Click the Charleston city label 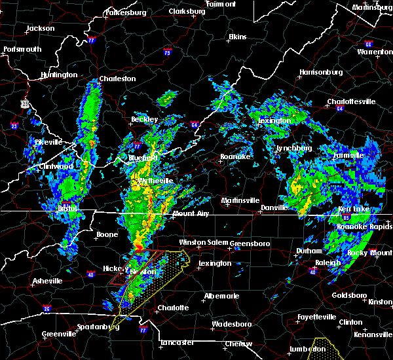tap(118, 79)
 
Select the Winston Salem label tap(202, 242)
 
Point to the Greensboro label tap(252, 243)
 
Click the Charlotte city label tap(173, 308)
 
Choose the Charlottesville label tap(352, 101)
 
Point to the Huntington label tap(58, 75)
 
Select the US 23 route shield tap(24, 103)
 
